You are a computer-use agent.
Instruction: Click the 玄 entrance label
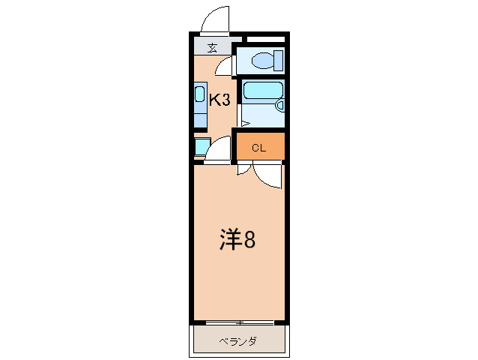click(212, 47)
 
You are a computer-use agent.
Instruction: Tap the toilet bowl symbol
click(262, 60)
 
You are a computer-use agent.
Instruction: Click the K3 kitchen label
click(219, 100)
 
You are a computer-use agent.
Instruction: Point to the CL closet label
click(259, 147)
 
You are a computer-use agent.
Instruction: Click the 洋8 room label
click(238, 240)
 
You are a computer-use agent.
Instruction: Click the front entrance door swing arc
click(214, 18)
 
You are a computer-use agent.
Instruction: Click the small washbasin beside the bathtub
click(281, 106)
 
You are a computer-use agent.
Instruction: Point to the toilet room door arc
click(223, 67)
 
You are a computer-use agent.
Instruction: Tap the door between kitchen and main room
click(217, 151)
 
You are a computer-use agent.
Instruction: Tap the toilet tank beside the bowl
click(279, 60)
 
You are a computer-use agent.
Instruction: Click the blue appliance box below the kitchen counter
click(201, 145)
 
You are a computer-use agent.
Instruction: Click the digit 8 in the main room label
click(249, 240)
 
